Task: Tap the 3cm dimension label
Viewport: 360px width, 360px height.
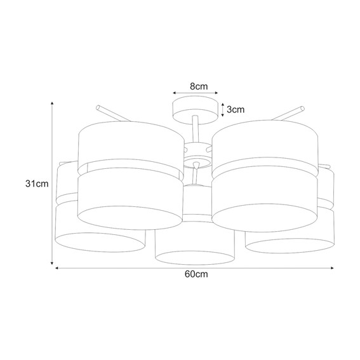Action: pyautogui.click(x=236, y=109)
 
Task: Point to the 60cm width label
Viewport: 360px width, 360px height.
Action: pyautogui.click(x=195, y=276)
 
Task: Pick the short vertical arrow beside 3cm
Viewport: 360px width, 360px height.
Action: pyautogui.click(x=223, y=109)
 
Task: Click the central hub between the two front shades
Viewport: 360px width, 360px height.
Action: pyautogui.click(x=196, y=152)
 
